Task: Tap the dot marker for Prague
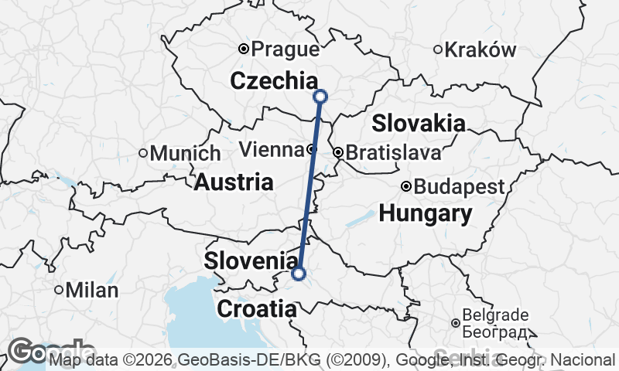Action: tap(244, 49)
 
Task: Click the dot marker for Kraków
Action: tap(438, 49)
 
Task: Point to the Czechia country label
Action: tap(274, 80)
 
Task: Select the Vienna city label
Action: tap(271, 149)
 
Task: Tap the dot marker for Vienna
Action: tap(310, 149)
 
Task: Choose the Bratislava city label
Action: tap(393, 153)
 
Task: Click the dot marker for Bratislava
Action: tap(337, 153)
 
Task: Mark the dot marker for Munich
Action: tap(143, 153)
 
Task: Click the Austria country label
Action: tap(233, 182)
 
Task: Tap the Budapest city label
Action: tap(459, 187)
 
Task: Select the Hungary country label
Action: tap(425, 213)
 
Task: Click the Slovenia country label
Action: tap(251, 260)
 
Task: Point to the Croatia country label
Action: tap(256, 309)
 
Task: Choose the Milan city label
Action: tap(92, 291)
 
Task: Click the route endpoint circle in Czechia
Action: tap(320, 97)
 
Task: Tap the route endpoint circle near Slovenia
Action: tap(299, 273)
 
